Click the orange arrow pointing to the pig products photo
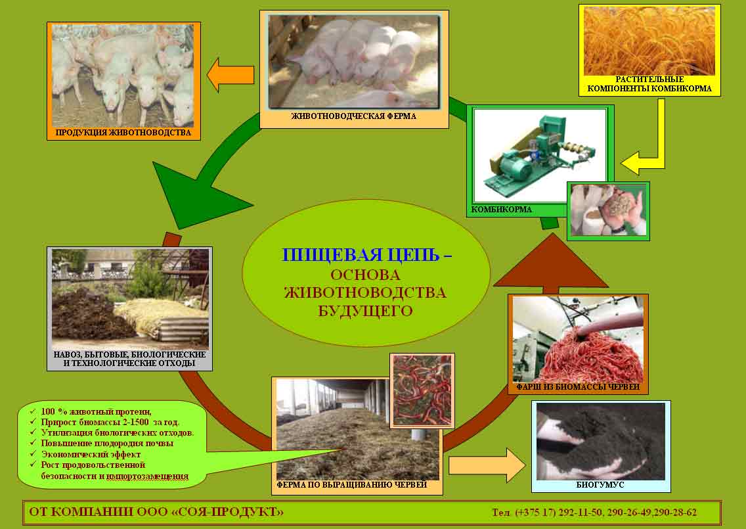[230, 75]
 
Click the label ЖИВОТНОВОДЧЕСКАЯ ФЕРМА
[353, 116]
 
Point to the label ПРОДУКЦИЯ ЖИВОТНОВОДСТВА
[123, 132]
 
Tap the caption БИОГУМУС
[600, 485]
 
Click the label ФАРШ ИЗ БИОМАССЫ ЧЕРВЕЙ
[578, 387]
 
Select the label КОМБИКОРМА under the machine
[502, 210]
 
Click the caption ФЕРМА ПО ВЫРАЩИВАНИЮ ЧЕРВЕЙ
[351, 485]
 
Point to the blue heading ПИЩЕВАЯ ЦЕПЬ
[360, 255]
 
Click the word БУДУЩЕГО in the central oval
[365, 311]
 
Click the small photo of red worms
[422, 390]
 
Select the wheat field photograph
[649, 41]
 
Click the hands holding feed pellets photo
[608, 211]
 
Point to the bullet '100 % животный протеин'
[96, 411]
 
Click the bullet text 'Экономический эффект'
[91, 454]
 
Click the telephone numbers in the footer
[594, 513]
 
